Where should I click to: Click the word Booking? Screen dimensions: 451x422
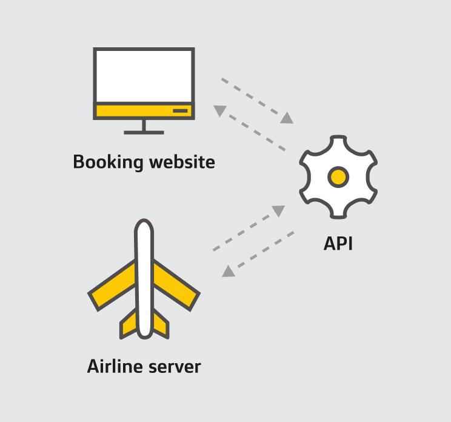(108, 162)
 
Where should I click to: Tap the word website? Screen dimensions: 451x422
(182, 162)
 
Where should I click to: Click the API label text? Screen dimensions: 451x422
(338, 244)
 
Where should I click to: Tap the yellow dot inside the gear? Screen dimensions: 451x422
(338, 177)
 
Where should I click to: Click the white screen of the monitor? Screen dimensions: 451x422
(144, 76)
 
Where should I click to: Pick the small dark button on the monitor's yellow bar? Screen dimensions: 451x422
(180, 111)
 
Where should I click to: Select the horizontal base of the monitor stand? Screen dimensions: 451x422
(144, 133)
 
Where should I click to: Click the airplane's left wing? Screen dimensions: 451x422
(113, 284)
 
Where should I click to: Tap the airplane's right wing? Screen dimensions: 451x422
(175, 284)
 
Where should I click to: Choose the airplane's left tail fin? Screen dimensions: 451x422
(129, 324)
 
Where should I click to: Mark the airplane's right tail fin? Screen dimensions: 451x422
(161, 324)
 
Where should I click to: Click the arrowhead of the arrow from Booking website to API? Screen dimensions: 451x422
(287, 118)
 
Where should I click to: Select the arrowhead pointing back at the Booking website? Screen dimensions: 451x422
(220, 111)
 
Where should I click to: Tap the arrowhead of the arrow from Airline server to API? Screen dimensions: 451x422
(278, 210)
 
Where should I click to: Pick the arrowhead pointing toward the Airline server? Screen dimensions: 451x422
(229, 271)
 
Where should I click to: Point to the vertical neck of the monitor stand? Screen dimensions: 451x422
(144, 125)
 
